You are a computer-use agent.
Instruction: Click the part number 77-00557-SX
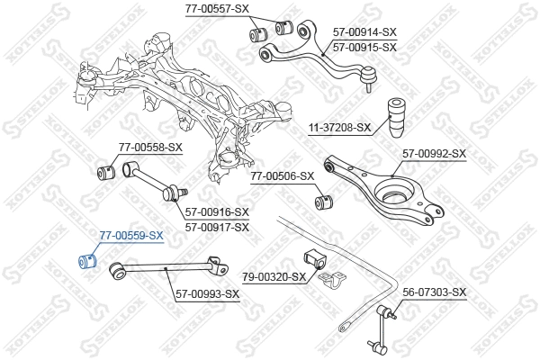217,8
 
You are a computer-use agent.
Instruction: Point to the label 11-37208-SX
339,128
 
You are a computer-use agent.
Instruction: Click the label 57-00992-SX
434,154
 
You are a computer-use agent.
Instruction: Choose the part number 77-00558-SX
150,147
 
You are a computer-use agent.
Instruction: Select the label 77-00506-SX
282,176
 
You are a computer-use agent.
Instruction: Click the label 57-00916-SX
217,212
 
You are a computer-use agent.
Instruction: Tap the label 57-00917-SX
217,227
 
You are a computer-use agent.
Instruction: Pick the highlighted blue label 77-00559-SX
131,236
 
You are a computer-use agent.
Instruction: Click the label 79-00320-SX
274,277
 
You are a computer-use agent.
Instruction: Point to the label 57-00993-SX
207,294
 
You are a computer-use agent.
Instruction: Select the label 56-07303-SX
435,292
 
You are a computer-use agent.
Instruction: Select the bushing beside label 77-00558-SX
103,171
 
